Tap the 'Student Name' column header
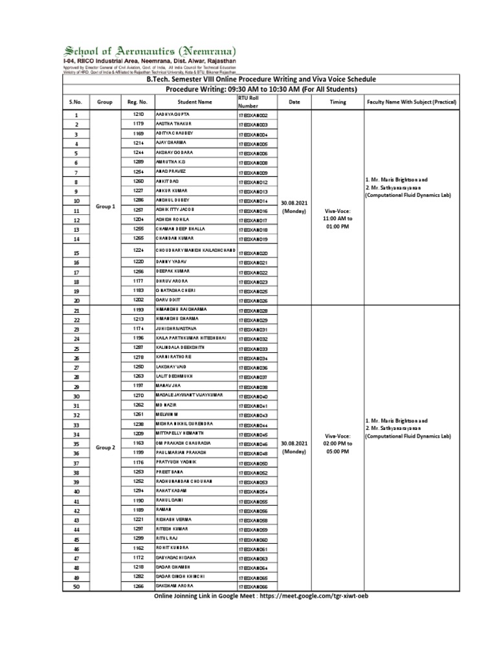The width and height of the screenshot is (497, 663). [194, 102]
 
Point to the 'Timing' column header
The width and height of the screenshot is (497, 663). [337, 102]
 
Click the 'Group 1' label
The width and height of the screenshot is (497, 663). [105, 206]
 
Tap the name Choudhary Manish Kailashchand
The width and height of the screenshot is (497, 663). [194, 250]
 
